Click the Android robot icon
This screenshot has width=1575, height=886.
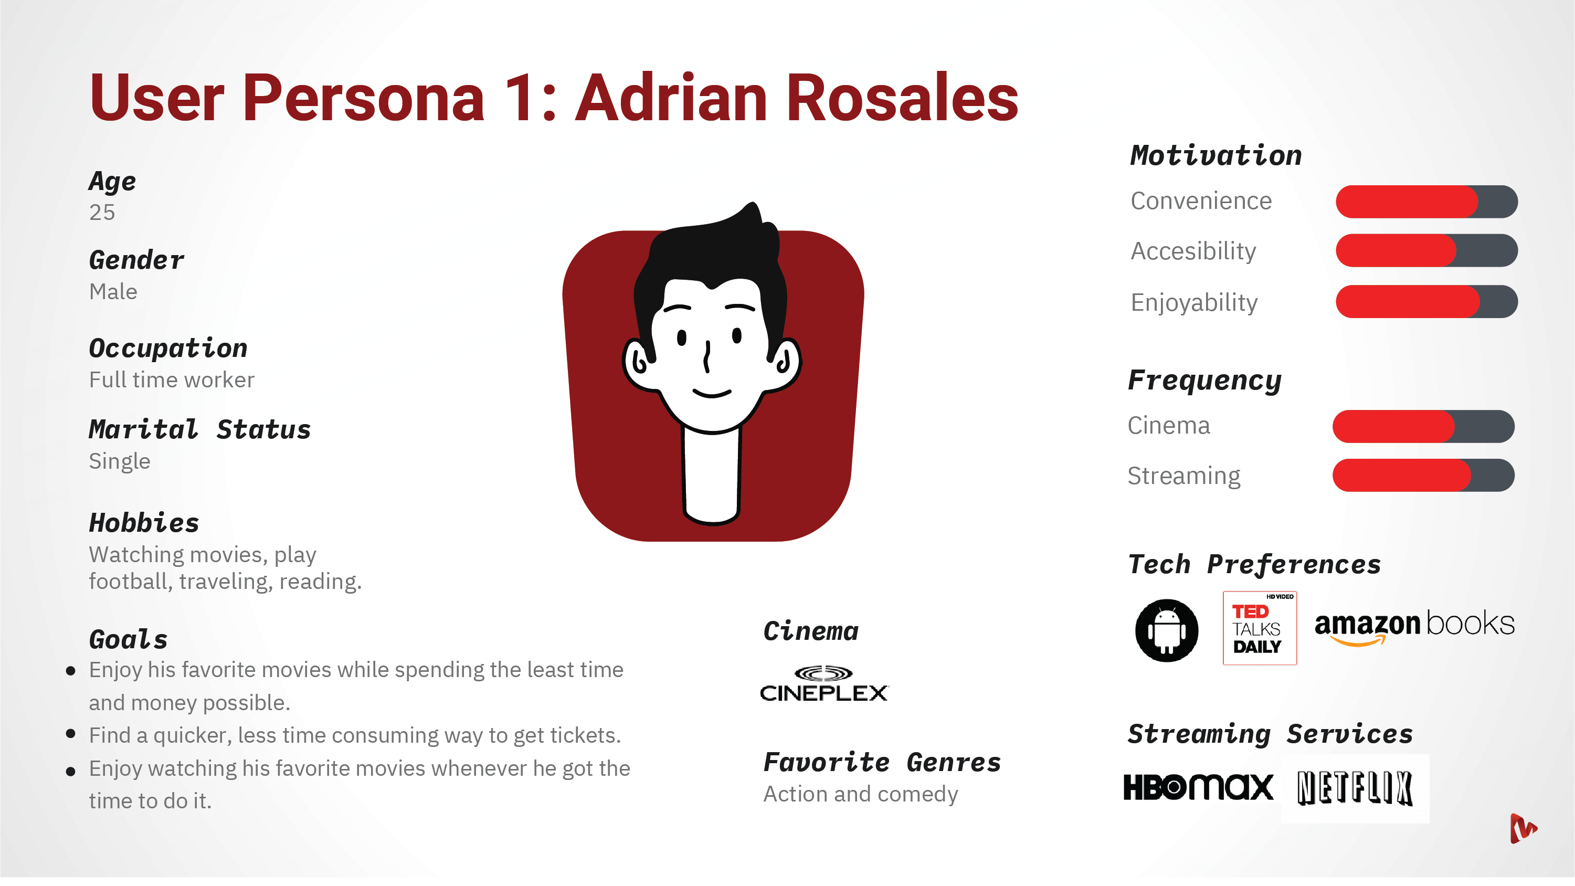click(x=1167, y=630)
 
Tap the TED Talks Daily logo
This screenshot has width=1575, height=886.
click(x=1260, y=628)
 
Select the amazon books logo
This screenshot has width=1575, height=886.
click(x=1414, y=627)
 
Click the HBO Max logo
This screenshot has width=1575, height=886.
click(x=1198, y=787)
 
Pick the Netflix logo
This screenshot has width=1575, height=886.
click(x=1355, y=788)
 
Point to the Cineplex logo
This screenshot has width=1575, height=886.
click(x=823, y=683)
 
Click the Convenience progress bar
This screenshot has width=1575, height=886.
click(x=1426, y=202)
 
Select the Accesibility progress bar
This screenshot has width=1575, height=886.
click(x=1426, y=251)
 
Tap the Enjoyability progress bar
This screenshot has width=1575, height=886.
click(x=1426, y=301)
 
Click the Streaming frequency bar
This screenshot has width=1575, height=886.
click(x=1423, y=475)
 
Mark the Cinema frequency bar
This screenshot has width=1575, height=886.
click(x=1423, y=426)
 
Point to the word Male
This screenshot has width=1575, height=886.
click(x=113, y=292)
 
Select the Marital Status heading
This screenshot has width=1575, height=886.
click(x=200, y=429)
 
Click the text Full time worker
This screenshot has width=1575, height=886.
click(x=172, y=379)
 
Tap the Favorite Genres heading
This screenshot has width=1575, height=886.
click(x=882, y=762)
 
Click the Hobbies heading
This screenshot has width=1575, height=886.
click(x=144, y=523)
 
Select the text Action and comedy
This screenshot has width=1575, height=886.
click(x=861, y=794)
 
